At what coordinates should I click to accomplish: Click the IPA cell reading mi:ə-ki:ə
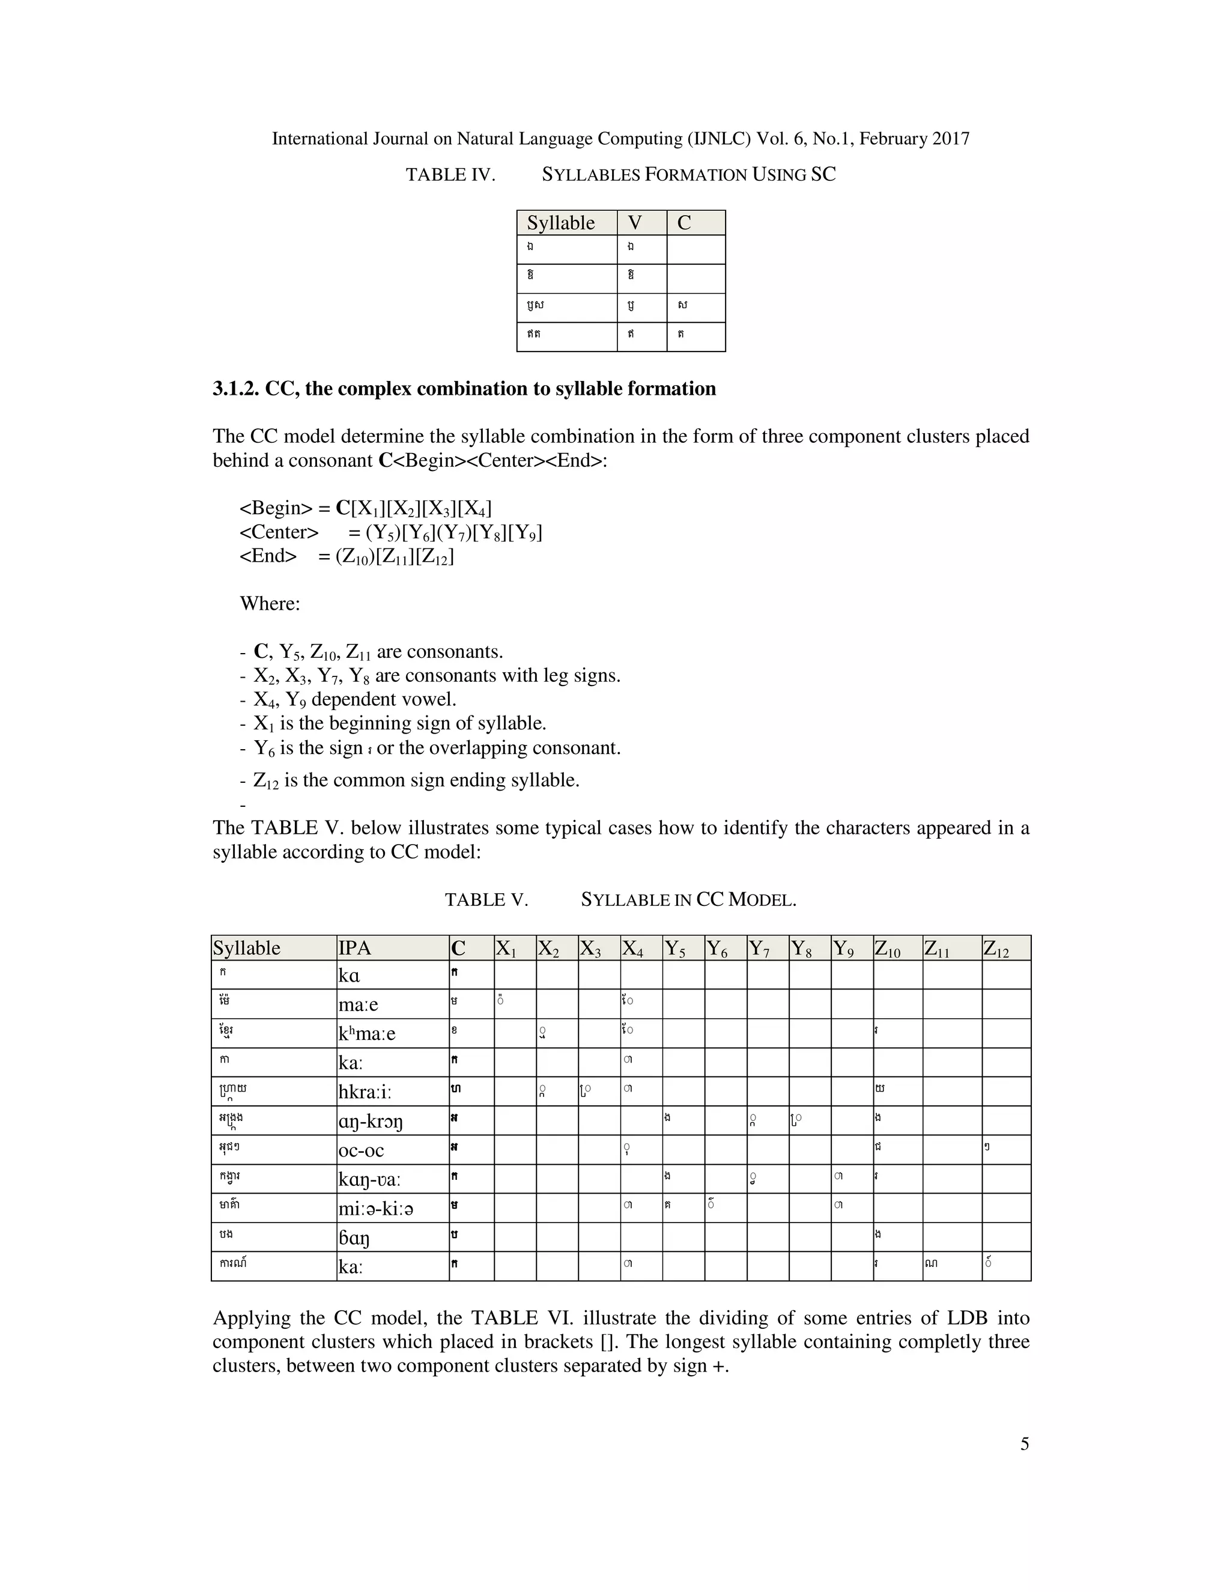376,1209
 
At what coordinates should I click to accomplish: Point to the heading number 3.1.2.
236,389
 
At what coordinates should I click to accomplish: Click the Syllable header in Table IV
560,223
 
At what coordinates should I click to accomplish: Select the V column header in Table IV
635,223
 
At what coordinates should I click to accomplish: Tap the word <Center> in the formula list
279,533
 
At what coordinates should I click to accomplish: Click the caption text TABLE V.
486,901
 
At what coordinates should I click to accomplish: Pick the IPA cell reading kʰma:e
366,1034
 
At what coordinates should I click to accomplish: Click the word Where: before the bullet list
270,604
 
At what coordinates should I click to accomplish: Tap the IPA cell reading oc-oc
361,1151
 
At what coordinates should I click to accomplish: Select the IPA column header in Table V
355,949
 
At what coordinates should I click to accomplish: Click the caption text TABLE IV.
450,175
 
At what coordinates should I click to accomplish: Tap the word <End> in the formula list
268,557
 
